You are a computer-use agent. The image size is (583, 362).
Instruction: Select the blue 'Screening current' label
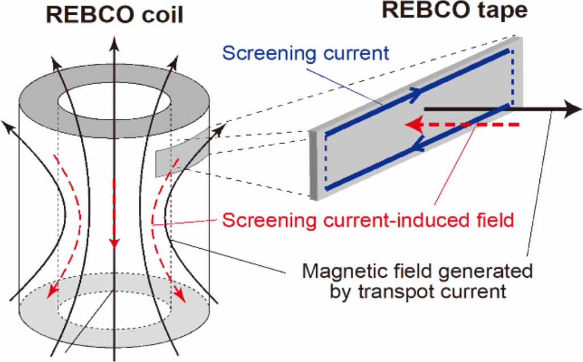coord(305,53)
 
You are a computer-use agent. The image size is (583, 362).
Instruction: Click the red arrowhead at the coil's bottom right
coord(181,296)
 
